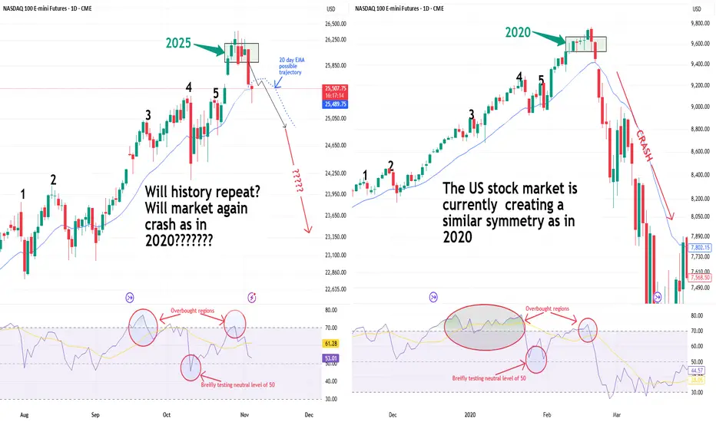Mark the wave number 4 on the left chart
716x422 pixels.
click(x=188, y=87)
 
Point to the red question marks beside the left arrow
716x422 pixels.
click(x=291, y=183)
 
